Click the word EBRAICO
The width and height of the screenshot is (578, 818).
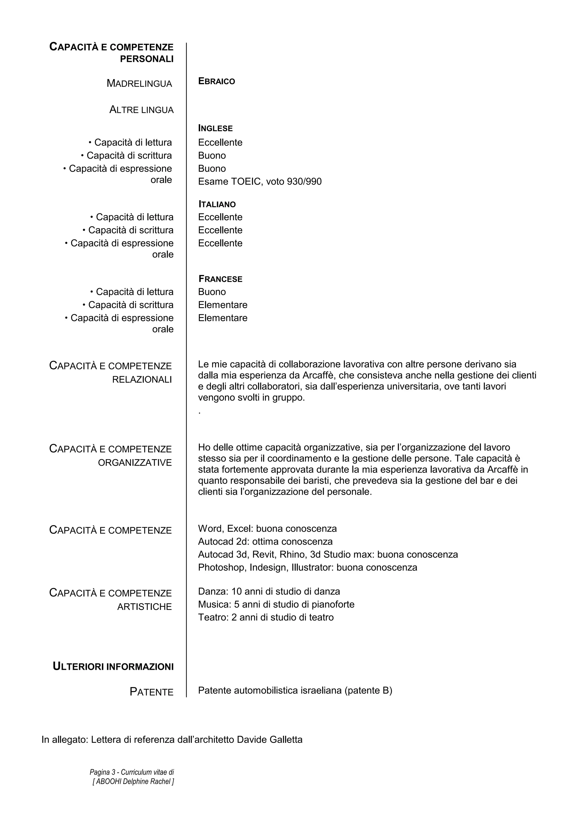(216, 82)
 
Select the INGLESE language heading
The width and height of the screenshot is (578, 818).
(215, 128)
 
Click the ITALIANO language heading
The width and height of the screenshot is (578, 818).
(217, 204)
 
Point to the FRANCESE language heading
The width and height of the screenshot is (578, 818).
(220, 279)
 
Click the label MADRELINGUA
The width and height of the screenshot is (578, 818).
(139, 84)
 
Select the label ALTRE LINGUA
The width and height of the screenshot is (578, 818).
(141, 110)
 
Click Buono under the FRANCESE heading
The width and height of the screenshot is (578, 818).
(212, 292)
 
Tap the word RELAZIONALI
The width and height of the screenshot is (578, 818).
(142, 380)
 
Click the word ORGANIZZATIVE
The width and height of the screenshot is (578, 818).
(135, 463)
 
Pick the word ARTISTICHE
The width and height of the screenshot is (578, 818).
(144, 607)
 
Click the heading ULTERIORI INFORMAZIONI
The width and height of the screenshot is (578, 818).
(113, 667)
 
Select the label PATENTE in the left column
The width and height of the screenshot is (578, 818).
(151, 692)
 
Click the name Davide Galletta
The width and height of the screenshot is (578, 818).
(270, 740)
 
